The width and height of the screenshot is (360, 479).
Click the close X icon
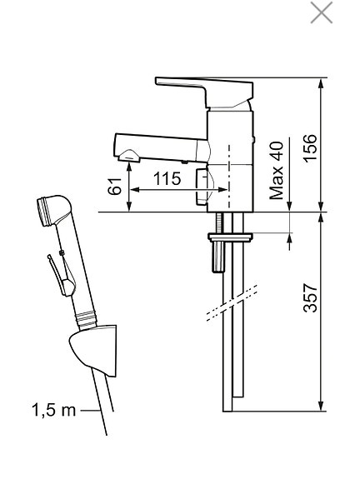point(321,13)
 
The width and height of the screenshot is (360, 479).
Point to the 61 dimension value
point(117,185)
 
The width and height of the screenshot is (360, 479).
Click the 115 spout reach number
point(167,179)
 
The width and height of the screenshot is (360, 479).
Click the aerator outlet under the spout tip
point(129,155)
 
